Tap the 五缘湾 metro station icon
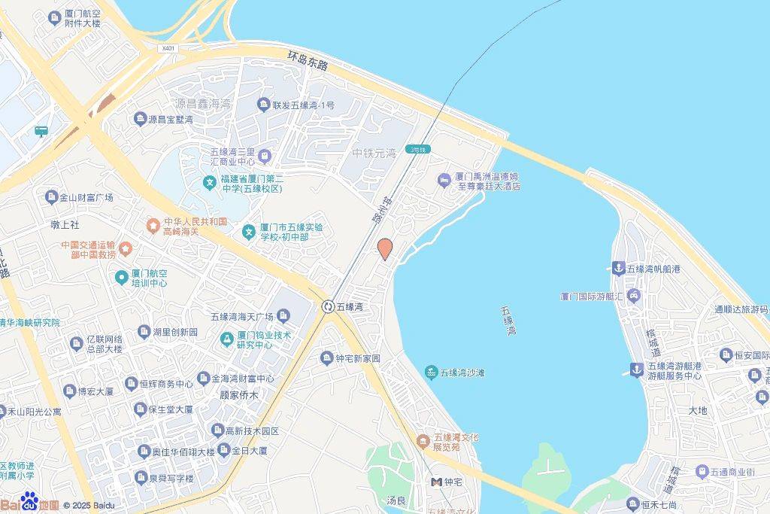tap(328, 306)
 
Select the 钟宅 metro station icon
tap(436, 482)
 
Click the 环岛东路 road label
tap(308, 60)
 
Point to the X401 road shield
tap(168, 48)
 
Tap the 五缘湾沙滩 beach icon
tap(431, 373)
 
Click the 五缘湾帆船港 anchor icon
tap(618, 268)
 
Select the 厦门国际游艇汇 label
tap(592, 295)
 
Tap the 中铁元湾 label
tap(374, 154)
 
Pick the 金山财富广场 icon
tap(51, 197)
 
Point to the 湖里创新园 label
tap(174, 332)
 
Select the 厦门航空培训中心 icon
tap(120, 278)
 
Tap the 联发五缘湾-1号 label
tap(303, 105)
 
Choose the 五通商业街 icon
tap(699, 472)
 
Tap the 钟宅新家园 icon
tap(326, 358)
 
